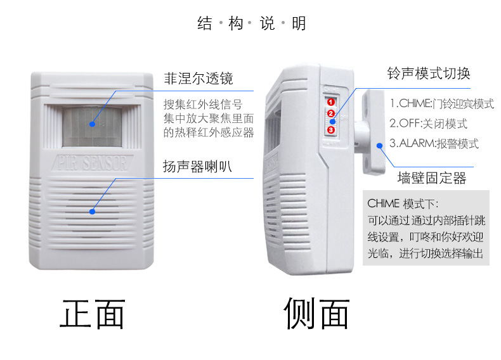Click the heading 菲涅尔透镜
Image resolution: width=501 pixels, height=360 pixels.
point(198,78)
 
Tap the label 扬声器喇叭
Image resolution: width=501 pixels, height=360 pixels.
point(197,166)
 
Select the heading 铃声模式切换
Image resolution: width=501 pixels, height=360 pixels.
point(429,74)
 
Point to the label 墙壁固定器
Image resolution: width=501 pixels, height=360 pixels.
point(432,178)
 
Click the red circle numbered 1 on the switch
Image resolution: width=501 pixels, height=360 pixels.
point(330,102)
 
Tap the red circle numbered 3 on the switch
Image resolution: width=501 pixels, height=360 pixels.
point(330,130)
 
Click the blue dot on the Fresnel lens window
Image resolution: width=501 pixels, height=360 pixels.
point(93,124)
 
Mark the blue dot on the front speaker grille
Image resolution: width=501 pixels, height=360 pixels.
point(93,212)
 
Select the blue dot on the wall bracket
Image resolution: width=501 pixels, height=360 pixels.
point(380,146)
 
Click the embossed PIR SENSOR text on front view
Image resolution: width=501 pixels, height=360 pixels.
point(92,163)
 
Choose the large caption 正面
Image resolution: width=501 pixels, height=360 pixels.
point(93,314)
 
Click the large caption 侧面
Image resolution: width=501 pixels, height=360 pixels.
point(316,313)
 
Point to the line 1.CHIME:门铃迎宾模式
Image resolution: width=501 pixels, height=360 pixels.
point(442,103)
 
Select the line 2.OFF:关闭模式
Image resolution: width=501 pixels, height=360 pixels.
point(429,124)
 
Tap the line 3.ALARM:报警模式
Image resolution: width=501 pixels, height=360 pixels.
point(434,143)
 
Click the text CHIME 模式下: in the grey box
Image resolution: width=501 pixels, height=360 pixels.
point(403,203)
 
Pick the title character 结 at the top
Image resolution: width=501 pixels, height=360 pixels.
point(204,23)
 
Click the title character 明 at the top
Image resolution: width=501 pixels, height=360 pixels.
point(299,23)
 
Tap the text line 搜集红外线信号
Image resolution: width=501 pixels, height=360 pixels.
point(203,104)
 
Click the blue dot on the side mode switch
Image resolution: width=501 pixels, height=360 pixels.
point(332,122)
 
